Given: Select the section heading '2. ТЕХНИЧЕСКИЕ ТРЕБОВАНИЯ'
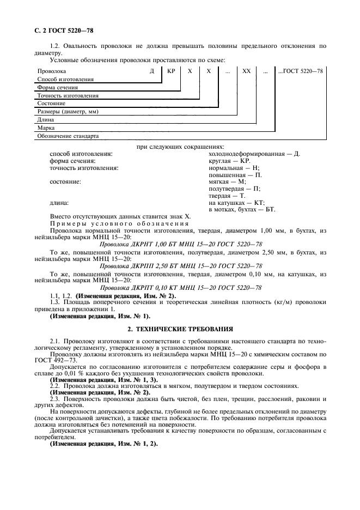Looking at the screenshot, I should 180,329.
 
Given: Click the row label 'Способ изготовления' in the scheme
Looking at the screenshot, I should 65,79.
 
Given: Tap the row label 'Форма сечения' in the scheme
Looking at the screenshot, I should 57,87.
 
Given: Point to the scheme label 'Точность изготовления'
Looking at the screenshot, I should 68,95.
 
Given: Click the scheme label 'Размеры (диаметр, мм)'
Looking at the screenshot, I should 68,111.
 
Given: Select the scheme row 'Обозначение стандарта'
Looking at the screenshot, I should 68,136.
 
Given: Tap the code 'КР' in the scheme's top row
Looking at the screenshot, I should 170,71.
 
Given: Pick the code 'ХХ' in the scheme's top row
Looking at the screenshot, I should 246,71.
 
